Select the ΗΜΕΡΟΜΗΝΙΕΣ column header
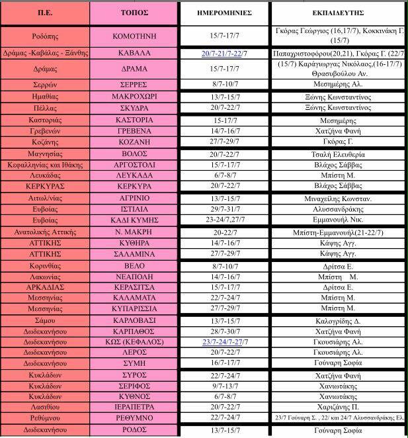pyautogui.click(x=224, y=13)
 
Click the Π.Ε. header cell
pyautogui.click(x=44, y=13)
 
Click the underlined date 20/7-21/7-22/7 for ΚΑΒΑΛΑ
pyautogui.click(x=224, y=53)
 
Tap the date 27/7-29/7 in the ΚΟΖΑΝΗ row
pyautogui.click(x=224, y=143)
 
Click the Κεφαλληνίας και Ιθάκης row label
pyautogui.click(x=44, y=165)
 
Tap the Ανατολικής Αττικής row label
pyautogui.click(x=44, y=232)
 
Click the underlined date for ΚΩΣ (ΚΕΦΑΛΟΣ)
pyautogui.click(x=224, y=342)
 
